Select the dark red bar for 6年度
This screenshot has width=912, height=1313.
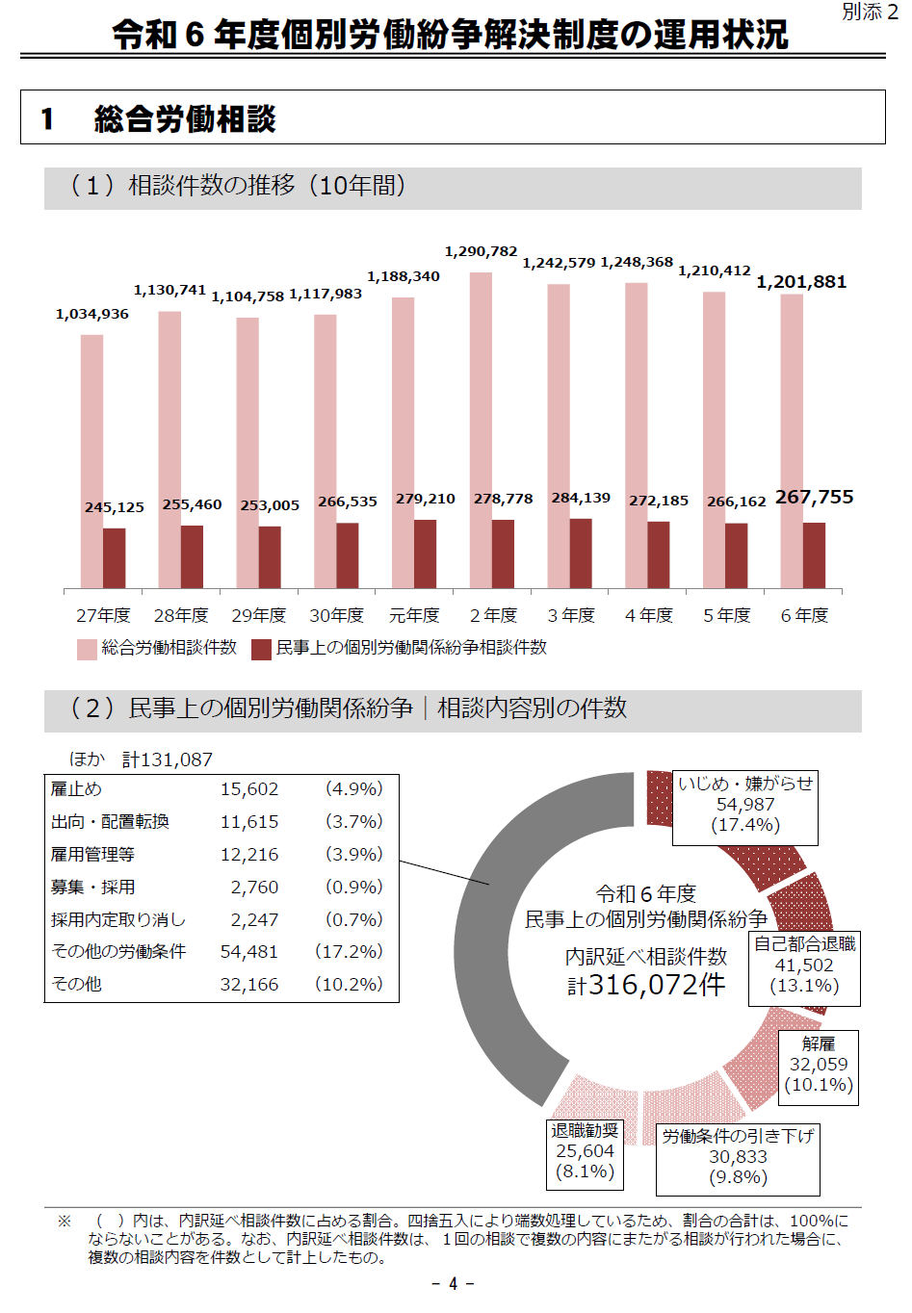point(814,555)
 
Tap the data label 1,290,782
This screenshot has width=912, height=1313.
point(481,252)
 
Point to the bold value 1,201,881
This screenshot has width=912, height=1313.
point(801,282)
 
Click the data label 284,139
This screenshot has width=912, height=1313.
point(581,498)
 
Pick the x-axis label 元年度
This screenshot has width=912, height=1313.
point(414,615)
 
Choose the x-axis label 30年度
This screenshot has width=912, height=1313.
point(336,615)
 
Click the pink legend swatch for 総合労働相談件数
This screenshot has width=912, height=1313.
point(88,650)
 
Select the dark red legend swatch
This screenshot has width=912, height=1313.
point(261,650)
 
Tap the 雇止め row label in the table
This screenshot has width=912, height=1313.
point(76,789)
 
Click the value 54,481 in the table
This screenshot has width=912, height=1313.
point(249,952)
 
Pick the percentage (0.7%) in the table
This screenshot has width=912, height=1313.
point(353,919)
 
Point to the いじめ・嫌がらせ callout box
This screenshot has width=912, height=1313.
point(745,805)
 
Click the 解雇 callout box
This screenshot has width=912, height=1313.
point(819,1064)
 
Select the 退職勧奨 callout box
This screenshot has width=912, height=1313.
point(585,1150)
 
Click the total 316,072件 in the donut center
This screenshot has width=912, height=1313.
point(646,986)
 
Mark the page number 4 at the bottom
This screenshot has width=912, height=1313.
point(454,1284)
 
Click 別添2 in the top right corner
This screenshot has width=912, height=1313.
point(870,13)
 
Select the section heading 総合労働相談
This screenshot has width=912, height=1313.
point(185,119)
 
